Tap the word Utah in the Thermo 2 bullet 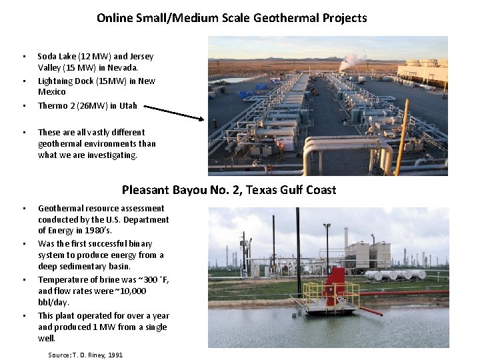point(127,105)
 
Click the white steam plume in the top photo point(351,61)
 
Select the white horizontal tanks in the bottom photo point(395,275)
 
